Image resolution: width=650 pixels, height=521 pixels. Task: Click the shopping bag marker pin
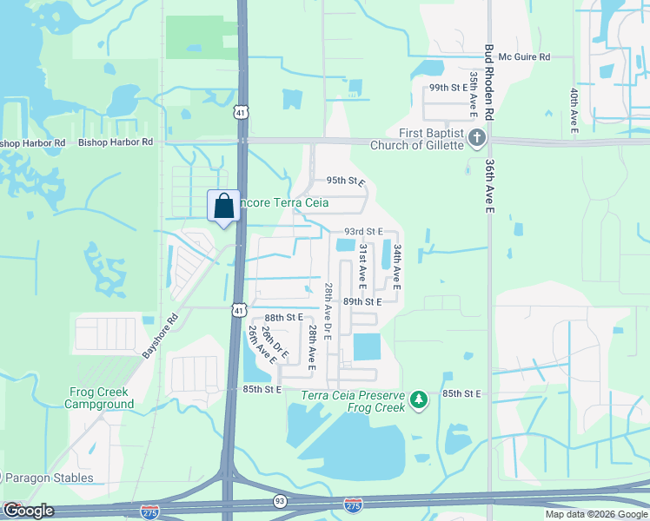[x=223, y=207]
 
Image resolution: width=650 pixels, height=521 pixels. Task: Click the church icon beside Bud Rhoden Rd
[x=476, y=138]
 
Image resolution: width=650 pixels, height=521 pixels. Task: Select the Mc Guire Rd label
[x=525, y=56]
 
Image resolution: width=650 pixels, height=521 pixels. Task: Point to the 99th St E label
[x=449, y=89]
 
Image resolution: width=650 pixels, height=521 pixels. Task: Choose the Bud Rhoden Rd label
[x=489, y=83]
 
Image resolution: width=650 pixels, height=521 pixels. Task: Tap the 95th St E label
[x=345, y=181]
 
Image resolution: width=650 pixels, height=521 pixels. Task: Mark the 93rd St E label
[x=363, y=232]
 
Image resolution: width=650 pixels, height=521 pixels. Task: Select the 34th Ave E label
[x=396, y=266]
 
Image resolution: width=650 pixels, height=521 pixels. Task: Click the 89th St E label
[x=362, y=301]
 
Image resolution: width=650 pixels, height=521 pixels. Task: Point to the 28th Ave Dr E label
[x=328, y=311]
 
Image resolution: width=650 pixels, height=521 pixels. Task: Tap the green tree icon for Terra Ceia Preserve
[x=420, y=399]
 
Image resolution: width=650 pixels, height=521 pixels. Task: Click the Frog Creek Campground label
[x=102, y=399]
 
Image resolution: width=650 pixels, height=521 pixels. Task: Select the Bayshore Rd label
[x=159, y=336]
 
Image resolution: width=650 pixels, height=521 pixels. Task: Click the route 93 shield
[x=280, y=501]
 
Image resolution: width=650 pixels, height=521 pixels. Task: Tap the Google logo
[x=28, y=511]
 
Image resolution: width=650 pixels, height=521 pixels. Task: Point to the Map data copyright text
[x=596, y=514]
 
